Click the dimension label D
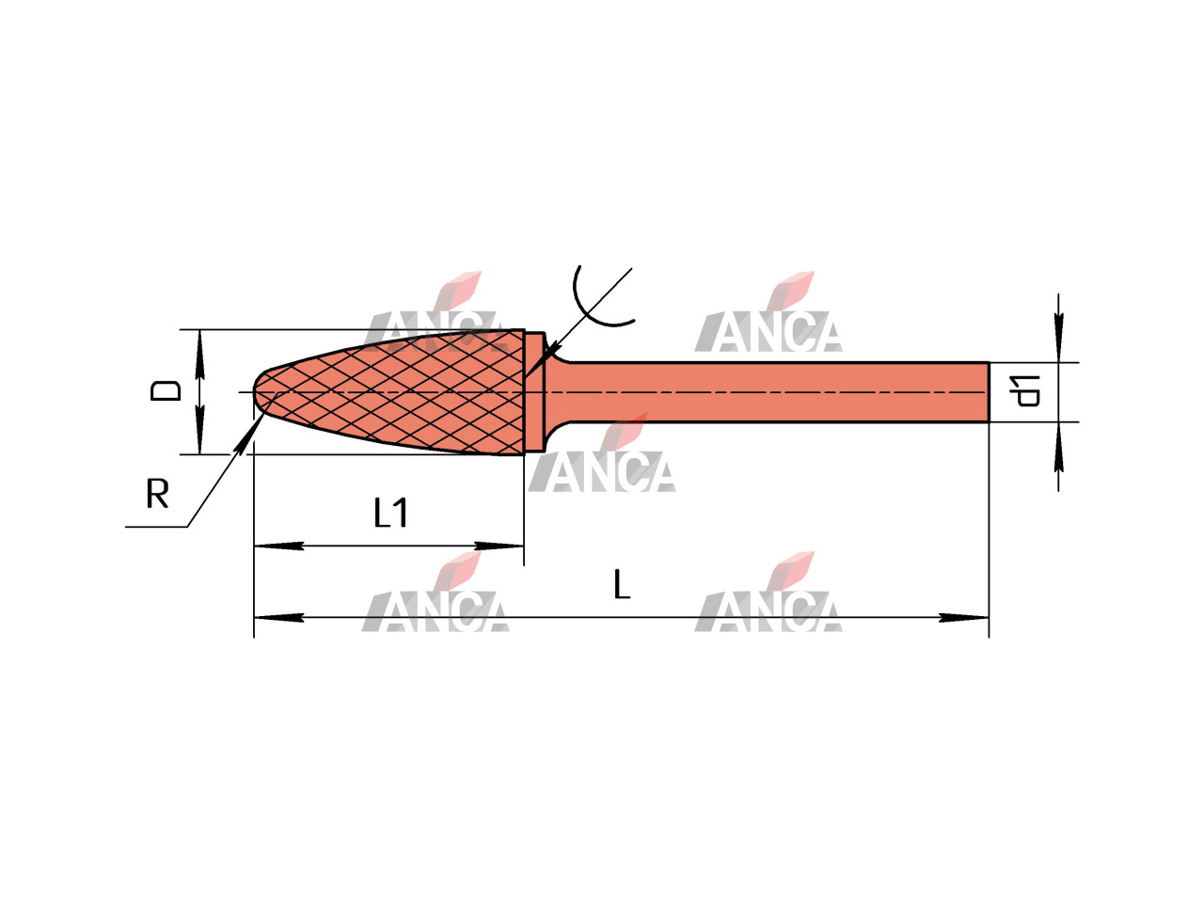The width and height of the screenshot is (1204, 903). coord(166,391)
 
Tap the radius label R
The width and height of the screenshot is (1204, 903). coord(157,494)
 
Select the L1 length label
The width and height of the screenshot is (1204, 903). coord(390,513)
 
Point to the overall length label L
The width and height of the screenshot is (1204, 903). coord(622,584)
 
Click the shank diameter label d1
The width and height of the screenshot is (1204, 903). coord(1024,391)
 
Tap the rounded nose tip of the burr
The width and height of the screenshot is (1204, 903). coord(255,391)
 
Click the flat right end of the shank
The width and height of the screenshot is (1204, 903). coord(989,392)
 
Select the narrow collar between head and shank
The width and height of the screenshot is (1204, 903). coord(534,392)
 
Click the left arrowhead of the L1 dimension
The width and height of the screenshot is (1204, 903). coord(278,547)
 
